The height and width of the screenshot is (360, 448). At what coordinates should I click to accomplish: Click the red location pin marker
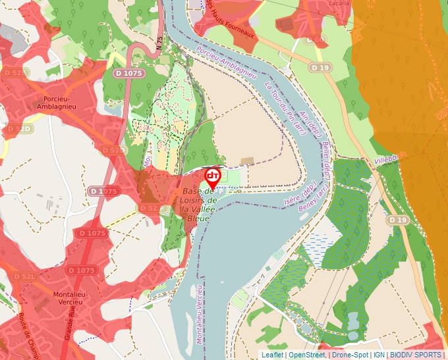tap(213, 178)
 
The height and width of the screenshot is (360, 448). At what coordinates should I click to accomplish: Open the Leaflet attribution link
tap(272, 355)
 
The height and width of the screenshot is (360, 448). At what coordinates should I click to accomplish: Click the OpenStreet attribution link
tap(306, 355)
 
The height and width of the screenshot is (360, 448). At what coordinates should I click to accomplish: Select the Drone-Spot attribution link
tap(349, 355)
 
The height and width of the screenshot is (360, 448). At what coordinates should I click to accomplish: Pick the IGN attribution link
tap(379, 355)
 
